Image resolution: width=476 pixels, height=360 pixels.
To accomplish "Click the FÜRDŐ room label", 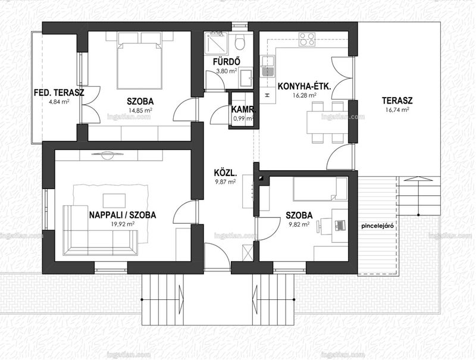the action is [227, 62].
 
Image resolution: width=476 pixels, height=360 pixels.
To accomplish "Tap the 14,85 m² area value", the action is [140, 110].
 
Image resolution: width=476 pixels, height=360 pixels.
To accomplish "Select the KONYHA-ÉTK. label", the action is [304, 87].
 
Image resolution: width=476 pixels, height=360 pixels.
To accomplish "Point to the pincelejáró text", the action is [377, 226].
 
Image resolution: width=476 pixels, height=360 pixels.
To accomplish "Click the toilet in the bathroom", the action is [240, 42].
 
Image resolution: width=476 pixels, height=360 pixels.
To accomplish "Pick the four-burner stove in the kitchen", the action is [306, 39].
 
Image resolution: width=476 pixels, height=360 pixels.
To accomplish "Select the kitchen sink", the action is [267, 66].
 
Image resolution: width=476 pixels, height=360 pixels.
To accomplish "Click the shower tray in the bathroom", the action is [216, 43].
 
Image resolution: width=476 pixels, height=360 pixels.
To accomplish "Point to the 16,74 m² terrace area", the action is [397, 110].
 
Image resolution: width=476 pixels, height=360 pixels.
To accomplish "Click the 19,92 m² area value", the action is [123, 224].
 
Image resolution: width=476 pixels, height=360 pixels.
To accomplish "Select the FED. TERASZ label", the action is [59, 93].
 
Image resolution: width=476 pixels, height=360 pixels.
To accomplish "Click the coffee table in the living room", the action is [114, 201].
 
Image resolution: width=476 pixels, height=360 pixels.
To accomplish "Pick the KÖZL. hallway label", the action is [226, 173].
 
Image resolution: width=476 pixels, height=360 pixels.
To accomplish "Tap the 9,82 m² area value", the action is [299, 224].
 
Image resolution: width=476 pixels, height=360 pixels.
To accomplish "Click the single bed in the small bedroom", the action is [320, 189].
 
